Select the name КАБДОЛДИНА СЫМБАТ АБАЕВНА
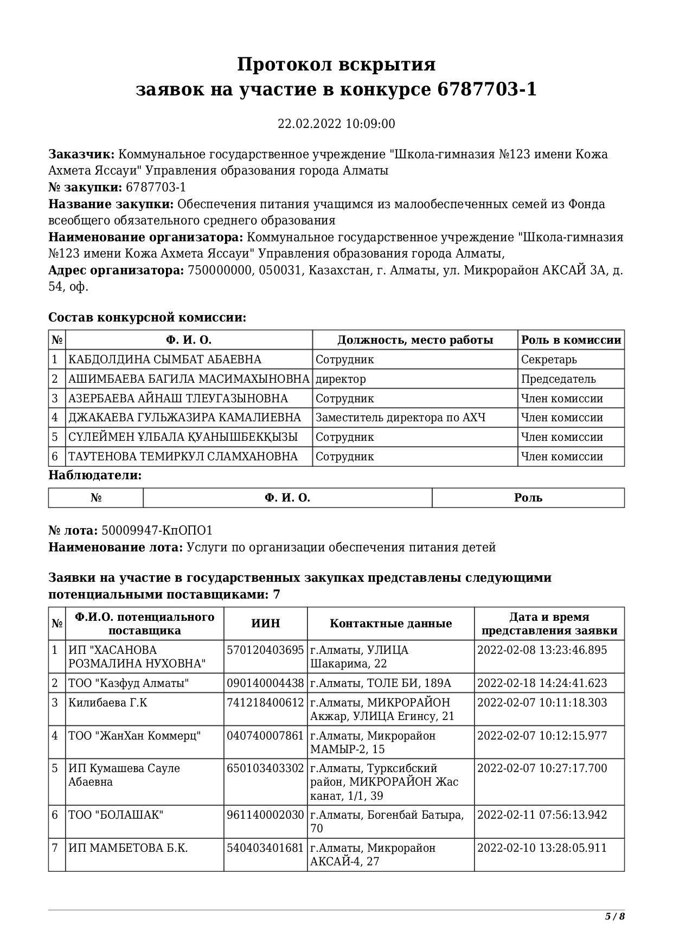(x=164, y=359)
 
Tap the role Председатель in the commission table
(x=558, y=379)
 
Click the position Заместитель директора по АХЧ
(x=400, y=417)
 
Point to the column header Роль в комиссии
(x=571, y=340)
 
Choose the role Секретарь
(x=549, y=359)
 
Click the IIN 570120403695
(x=265, y=650)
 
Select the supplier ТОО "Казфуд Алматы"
(x=129, y=683)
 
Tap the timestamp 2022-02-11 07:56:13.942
(x=542, y=815)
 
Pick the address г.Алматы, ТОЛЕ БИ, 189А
(x=380, y=683)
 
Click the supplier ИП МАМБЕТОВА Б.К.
(x=128, y=848)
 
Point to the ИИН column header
(x=266, y=624)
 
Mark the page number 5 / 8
(x=615, y=916)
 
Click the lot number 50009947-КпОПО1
(x=157, y=530)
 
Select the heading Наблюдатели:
(x=95, y=475)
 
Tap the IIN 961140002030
(x=265, y=815)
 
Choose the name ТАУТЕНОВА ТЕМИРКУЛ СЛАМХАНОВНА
(x=183, y=457)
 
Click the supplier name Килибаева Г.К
(x=107, y=703)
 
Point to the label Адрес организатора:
(x=116, y=271)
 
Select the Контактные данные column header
(x=390, y=624)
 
